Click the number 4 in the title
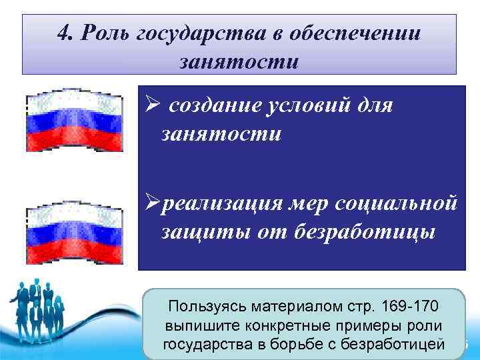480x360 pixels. coord(63,34)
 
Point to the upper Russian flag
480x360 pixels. coord(74,121)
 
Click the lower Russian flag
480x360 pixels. coord(74,233)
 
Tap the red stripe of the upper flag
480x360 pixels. coord(74,141)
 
